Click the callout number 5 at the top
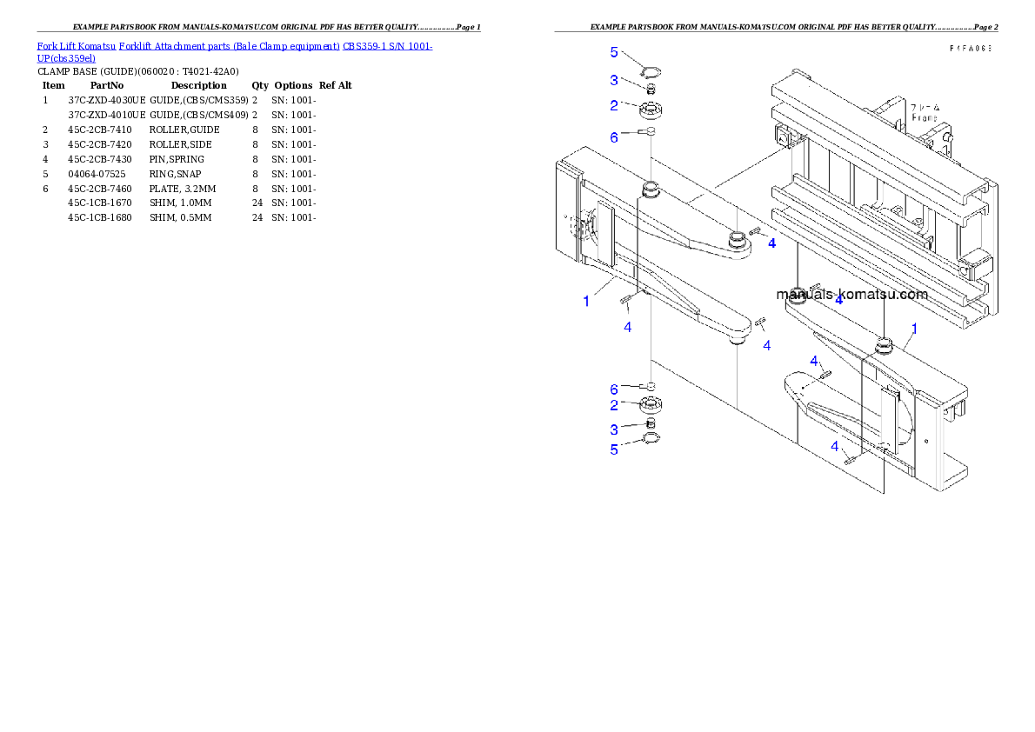pyautogui.click(x=614, y=52)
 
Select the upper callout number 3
pyautogui.click(x=614, y=80)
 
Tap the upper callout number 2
pyautogui.click(x=614, y=105)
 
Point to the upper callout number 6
pyautogui.click(x=614, y=136)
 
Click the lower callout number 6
pyautogui.click(x=614, y=389)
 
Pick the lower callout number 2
pyautogui.click(x=614, y=405)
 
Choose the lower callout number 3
pyautogui.click(x=614, y=429)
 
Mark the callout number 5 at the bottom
pyautogui.click(x=614, y=449)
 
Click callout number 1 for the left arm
pyautogui.click(x=586, y=302)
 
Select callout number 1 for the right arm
pyautogui.click(x=914, y=329)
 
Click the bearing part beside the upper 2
pyautogui.click(x=651, y=110)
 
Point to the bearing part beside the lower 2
pyautogui.click(x=650, y=404)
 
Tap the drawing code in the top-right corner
pyautogui.click(x=971, y=49)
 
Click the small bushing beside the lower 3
pyautogui.click(x=648, y=423)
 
